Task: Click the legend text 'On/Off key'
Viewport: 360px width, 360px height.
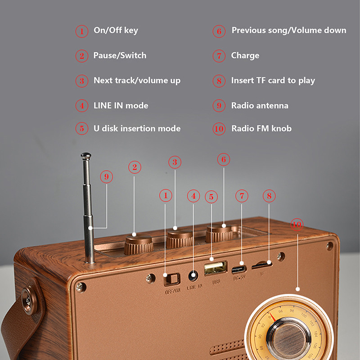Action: click(x=116, y=31)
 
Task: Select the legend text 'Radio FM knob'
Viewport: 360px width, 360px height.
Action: click(x=261, y=129)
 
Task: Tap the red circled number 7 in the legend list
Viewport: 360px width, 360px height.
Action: click(x=219, y=56)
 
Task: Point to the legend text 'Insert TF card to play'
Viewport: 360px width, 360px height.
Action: click(x=273, y=81)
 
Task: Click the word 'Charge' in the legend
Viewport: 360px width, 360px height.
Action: click(x=245, y=56)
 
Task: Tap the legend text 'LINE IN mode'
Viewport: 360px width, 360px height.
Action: click(x=121, y=106)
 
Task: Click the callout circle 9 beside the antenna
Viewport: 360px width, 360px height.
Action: click(x=106, y=177)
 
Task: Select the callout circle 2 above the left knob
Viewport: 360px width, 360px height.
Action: click(x=134, y=167)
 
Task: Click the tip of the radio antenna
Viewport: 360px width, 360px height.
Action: click(x=85, y=156)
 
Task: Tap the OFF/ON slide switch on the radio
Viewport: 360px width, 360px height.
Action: click(x=171, y=279)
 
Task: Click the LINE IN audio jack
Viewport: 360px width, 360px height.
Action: click(x=194, y=275)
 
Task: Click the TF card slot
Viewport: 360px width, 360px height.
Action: click(x=262, y=265)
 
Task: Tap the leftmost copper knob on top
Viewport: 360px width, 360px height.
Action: click(x=137, y=245)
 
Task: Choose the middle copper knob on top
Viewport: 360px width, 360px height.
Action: click(x=180, y=239)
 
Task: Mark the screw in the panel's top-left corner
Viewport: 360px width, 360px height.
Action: click(x=80, y=287)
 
